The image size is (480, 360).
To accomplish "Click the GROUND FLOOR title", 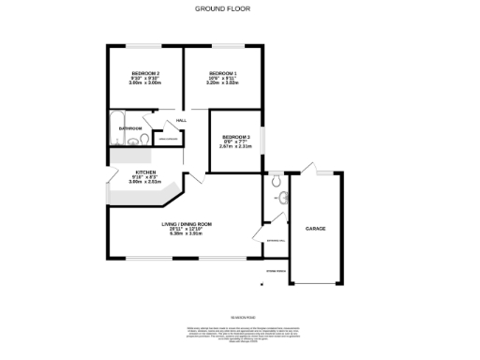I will (x=222, y=8).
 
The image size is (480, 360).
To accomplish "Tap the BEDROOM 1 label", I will (x=222, y=73).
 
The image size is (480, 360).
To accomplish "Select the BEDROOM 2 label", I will (x=145, y=73).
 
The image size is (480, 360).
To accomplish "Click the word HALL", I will (x=181, y=121).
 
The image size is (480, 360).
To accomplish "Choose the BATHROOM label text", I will (x=128, y=127).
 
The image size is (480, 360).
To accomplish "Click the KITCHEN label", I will (x=145, y=172).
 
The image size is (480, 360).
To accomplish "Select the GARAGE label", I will (x=315, y=228).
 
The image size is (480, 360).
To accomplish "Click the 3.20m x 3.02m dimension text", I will (x=222, y=83).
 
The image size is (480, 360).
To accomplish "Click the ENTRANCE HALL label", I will (x=275, y=241).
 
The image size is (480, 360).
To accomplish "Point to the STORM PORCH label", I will (x=276, y=271).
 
